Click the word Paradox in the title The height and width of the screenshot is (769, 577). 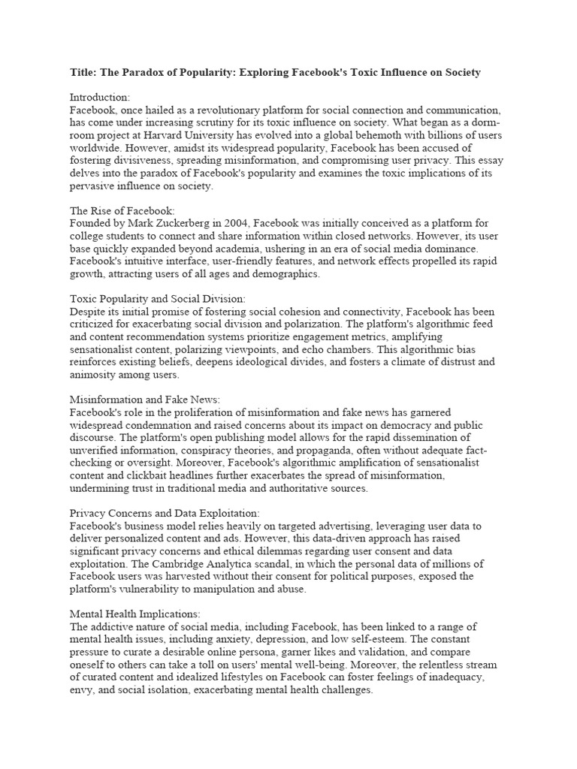(x=152, y=72)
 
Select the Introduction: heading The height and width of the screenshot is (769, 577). (x=100, y=98)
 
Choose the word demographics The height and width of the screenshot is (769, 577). (x=281, y=275)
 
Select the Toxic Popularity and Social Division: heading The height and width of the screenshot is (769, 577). (x=153, y=299)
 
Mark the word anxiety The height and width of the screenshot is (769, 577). (x=252, y=639)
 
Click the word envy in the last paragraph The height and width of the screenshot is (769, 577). (x=83, y=690)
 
